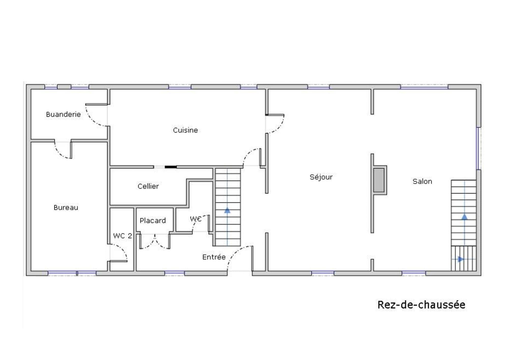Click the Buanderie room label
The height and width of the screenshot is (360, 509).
[x=63, y=114]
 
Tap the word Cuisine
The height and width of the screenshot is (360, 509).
[x=185, y=130]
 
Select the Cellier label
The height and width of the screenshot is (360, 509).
[x=148, y=186]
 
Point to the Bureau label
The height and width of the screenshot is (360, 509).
[x=66, y=207]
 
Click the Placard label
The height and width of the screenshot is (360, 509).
[x=153, y=220]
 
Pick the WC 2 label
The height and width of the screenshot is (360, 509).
[x=122, y=236]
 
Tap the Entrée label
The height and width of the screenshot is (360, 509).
[x=214, y=257]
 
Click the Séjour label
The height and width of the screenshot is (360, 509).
[x=321, y=177]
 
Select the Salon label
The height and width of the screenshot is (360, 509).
[x=422, y=181]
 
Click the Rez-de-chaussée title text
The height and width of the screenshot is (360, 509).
[x=421, y=305]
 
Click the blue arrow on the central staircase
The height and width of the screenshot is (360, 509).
[x=227, y=210]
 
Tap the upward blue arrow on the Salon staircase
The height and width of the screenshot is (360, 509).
[x=464, y=217]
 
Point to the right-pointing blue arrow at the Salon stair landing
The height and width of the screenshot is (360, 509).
[x=461, y=259]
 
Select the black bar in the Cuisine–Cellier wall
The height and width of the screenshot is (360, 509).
[x=171, y=167]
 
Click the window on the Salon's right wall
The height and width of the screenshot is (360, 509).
[x=478, y=148]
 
